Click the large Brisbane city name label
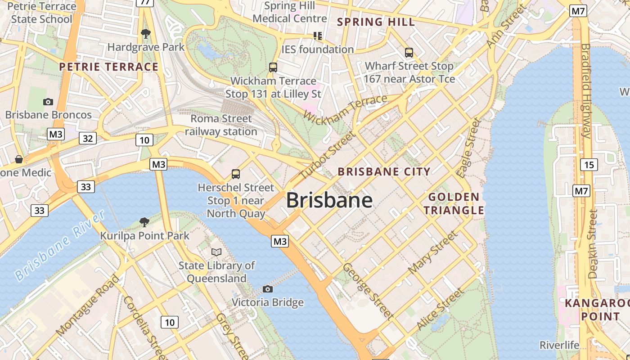tap(329, 200)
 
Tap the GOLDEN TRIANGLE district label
tap(454, 203)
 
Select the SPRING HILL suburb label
tap(376, 22)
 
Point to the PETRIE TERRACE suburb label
tap(109, 67)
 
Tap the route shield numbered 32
tap(88, 138)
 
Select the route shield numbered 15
tap(589, 165)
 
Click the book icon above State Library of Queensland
tap(216, 252)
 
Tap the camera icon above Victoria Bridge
tap(268, 289)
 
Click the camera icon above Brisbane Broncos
tap(48, 102)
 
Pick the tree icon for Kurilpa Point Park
tap(144, 222)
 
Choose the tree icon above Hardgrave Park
tap(145, 33)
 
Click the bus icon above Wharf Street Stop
tap(409, 53)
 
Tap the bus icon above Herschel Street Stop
tap(235, 174)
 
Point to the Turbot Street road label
tap(327, 155)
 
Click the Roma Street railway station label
tap(221, 125)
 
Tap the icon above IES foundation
tap(318, 36)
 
